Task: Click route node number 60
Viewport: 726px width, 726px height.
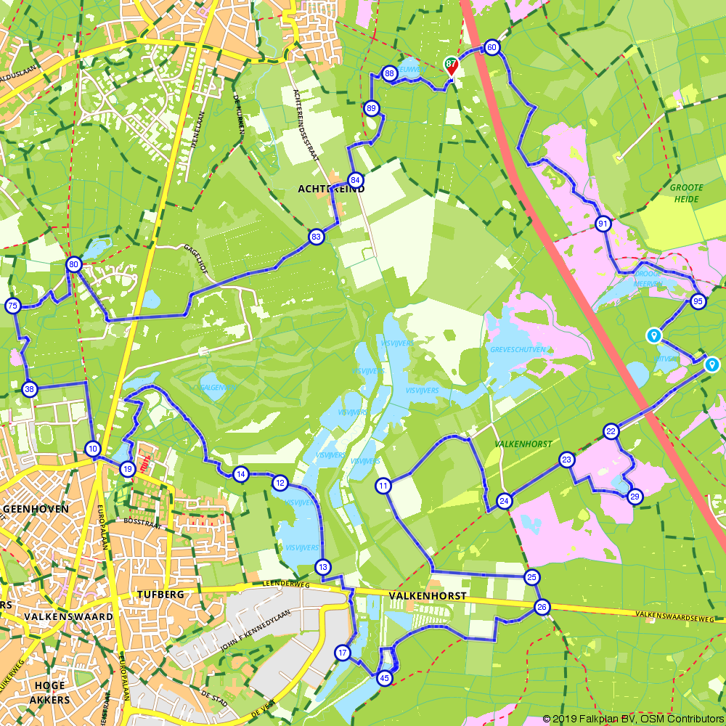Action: pos(492,48)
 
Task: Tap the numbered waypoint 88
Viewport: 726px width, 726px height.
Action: pos(390,73)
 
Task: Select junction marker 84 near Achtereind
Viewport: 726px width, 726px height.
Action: pos(355,179)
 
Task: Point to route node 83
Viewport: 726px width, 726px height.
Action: pos(316,237)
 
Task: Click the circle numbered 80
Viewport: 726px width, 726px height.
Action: pos(73,264)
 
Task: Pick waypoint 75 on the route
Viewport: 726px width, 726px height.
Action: pos(12,306)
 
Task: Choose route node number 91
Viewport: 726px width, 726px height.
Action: pos(603,224)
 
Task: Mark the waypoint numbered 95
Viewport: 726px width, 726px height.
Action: pos(698,301)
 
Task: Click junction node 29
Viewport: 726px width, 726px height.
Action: pos(635,497)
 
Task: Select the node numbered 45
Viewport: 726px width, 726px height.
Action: pos(385,678)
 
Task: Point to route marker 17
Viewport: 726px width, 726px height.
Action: pos(343,653)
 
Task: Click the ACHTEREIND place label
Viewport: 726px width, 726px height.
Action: pos(331,189)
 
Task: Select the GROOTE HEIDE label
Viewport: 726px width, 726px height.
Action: pos(686,193)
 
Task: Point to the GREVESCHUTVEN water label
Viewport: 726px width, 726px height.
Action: pos(518,349)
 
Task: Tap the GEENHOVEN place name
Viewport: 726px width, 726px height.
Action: pos(36,509)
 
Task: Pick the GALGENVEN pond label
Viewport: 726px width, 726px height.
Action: pos(218,388)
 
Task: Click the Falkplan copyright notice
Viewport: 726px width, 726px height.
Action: pos(632,719)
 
